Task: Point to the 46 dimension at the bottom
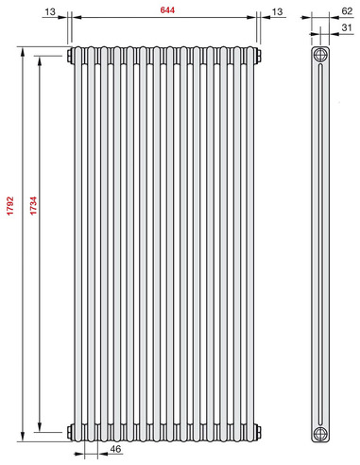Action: pyautogui.click(x=115, y=449)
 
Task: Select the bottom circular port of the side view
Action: pyautogui.click(x=322, y=433)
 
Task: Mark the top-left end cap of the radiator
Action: pyautogui.click(x=72, y=55)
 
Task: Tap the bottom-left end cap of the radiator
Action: pyautogui.click(x=72, y=432)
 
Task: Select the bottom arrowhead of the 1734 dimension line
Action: pyautogui.click(x=41, y=428)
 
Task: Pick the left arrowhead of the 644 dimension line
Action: pyautogui.click(x=77, y=18)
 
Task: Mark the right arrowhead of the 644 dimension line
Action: pyautogui.click(x=252, y=18)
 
